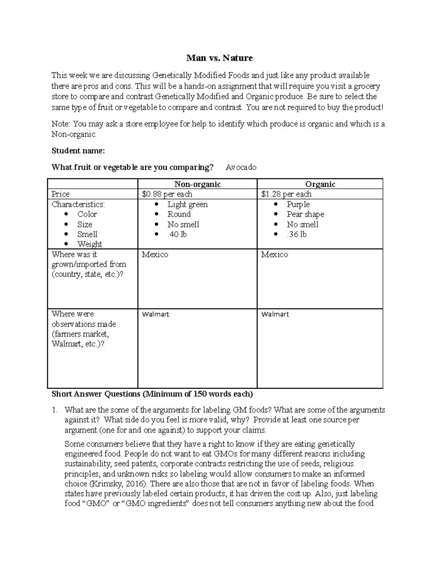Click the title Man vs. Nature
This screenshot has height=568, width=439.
(x=219, y=58)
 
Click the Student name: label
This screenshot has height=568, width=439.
(x=78, y=151)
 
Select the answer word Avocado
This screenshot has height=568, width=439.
(x=241, y=168)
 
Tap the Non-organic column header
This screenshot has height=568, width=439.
(x=197, y=184)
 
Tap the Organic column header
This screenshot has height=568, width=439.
(x=320, y=184)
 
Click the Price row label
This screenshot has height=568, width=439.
(x=60, y=194)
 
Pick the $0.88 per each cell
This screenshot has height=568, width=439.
(x=167, y=194)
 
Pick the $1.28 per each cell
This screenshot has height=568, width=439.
(x=286, y=194)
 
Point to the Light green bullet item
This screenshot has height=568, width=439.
(x=187, y=204)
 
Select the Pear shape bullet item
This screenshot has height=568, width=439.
(x=305, y=214)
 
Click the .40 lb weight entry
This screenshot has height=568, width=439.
(x=177, y=234)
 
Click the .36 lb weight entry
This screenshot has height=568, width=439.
(x=296, y=234)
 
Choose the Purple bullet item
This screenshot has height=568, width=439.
(x=298, y=204)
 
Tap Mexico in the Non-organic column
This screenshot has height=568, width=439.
(x=155, y=255)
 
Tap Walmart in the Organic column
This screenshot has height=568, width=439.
(x=275, y=314)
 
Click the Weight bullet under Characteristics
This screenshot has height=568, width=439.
(x=90, y=244)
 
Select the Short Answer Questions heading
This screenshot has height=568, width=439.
(x=152, y=394)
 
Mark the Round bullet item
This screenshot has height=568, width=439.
(x=179, y=214)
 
